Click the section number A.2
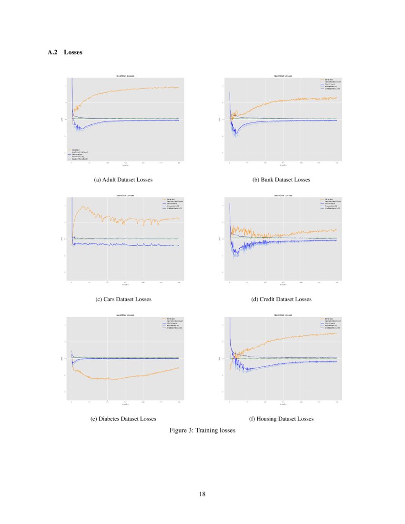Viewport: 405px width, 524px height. tap(52, 52)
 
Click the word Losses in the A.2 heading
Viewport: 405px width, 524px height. tap(73, 52)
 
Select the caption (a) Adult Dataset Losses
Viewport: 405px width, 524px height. tap(123, 180)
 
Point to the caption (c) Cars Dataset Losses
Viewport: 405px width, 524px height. tap(123, 299)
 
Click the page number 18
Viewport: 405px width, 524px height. tap(202, 494)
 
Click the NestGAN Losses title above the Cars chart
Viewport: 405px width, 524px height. tap(125, 196)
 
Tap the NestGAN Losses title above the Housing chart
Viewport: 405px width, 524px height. tap(283, 315)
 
